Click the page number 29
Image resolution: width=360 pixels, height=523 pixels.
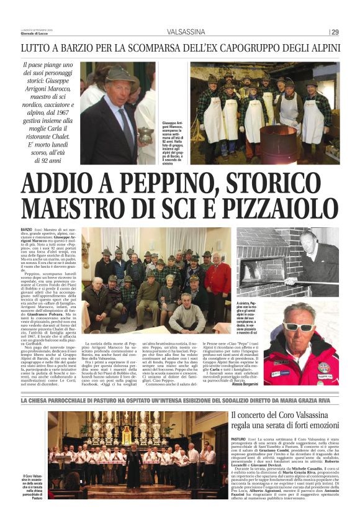[335, 32]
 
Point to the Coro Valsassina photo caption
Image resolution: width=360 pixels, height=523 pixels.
[34, 488]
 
